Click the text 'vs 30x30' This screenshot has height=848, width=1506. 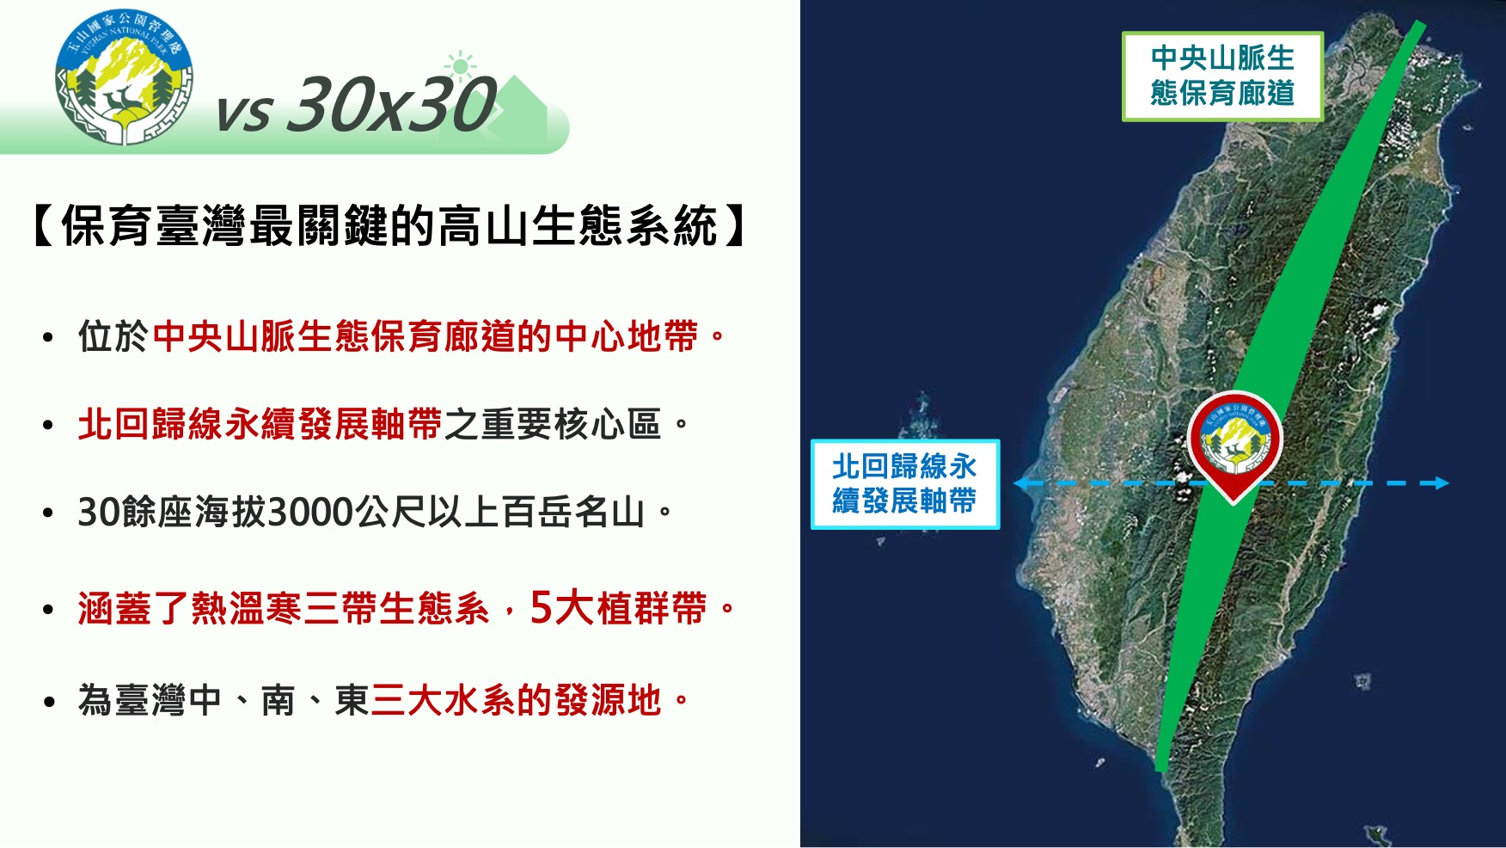[x=356, y=105]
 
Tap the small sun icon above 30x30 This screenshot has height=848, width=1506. [x=461, y=66]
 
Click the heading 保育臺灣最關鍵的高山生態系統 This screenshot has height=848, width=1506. [x=389, y=226]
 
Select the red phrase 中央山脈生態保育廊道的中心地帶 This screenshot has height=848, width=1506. [x=425, y=336]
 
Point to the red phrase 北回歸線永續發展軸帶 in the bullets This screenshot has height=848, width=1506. [x=260, y=424]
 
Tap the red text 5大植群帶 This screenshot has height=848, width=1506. [x=618, y=608]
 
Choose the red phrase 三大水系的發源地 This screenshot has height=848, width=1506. [x=516, y=700]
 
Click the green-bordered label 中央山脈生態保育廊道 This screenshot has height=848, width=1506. [x=1222, y=76]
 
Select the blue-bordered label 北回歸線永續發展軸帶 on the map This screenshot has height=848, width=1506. [x=905, y=483]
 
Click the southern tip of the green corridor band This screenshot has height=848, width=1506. [x=1160, y=768]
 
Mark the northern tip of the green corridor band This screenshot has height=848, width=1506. [x=1421, y=25]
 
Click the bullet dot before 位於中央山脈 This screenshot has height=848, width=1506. [x=48, y=338]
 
